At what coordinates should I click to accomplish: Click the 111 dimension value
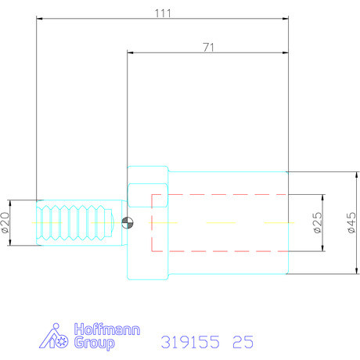(x=163, y=13)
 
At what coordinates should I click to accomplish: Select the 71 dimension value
(x=208, y=47)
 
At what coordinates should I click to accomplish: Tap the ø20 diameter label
(x=7, y=223)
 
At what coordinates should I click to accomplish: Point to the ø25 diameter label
(x=318, y=223)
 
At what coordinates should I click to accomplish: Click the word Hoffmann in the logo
(x=106, y=330)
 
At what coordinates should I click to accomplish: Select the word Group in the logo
(x=94, y=343)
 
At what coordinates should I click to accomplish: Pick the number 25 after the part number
(x=243, y=342)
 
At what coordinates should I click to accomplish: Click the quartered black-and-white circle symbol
(x=128, y=223)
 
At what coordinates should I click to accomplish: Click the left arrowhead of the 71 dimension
(x=131, y=53)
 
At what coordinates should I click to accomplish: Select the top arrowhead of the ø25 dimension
(x=322, y=197)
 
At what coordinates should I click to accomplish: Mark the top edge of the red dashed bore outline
(x=219, y=194)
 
